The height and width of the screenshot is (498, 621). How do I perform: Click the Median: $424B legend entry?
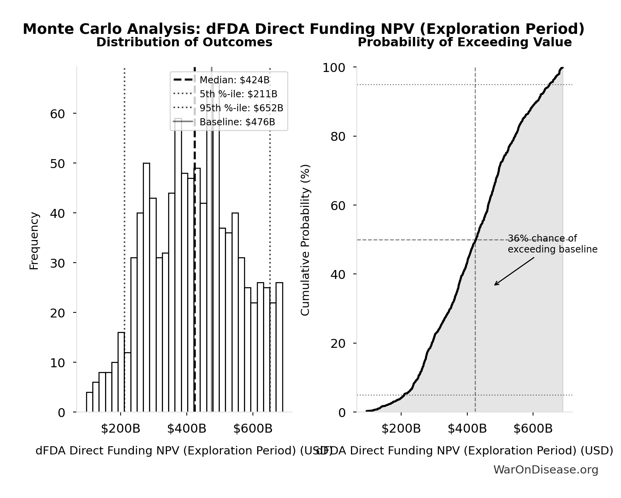(x=234, y=80)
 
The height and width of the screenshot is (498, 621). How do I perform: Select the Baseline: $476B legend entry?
(x=237, y=122)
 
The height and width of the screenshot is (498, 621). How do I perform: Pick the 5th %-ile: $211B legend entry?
(x=238, y=94)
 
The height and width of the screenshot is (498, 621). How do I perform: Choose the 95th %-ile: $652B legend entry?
(x=241, y=108)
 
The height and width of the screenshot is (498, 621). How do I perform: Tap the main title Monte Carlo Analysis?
(x=303, y=29)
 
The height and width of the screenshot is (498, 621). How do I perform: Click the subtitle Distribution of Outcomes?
(x=184, y=42)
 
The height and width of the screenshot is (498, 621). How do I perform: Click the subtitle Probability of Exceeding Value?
(x=465, y=42)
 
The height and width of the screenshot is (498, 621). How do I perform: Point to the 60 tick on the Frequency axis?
(x=57, y=114)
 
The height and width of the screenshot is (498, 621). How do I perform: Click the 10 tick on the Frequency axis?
(x=57, y=363)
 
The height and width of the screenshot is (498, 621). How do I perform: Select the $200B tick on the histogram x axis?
(x=120, y=429)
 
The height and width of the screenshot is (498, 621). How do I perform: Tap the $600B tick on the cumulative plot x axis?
(x=533, y=429)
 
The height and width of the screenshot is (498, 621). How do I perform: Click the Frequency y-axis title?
(x=34, y=240)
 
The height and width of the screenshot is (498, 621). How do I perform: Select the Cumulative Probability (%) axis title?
(x=305, y=240)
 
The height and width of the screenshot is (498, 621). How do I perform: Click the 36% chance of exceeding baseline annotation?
(x=552, y=244)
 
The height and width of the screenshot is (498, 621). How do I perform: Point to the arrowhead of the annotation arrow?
(x=495, y=285)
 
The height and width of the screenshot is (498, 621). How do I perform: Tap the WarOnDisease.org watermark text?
(x=546, y=470)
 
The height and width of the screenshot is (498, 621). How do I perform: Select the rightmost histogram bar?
(x=279, y=347)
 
